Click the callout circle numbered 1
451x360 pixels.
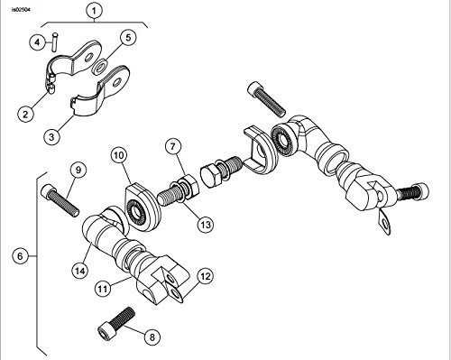pyautogui.click(x=94, y=11)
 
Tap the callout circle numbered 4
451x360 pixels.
pyautogui.click(x=38, y=42)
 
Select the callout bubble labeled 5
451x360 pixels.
pyautogui.click(x=128, y=38)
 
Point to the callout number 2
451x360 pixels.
pyautogui.click(x=25, y=114)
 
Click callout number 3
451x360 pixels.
pyautogui.click(x=51, y=136)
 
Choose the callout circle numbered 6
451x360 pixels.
pyautogui.click(x=21, y=256)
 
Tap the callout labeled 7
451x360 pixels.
pyautogui.click(x=173, y=147)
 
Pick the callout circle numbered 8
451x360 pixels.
pyautogui.click(x=152, y=337)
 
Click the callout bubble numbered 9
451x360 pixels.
pyautogui.click(x=78, y=170)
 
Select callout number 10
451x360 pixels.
pyautogui.click(x=119, y=155)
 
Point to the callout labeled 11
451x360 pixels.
pyautogui.click(x=103, y=289)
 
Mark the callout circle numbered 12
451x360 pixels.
pyautogui.click(x=206, y=276)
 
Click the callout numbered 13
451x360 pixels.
pyautogui.click(x=206, y=225)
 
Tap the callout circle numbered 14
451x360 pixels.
pyautogui.click(x=80, y=271)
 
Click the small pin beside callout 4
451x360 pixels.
pyautogui.click(x=55, y=42)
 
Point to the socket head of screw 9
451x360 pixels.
pyautogui.click(x=49, y=191)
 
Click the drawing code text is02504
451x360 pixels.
pyautogui.click(x=21, y=10)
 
